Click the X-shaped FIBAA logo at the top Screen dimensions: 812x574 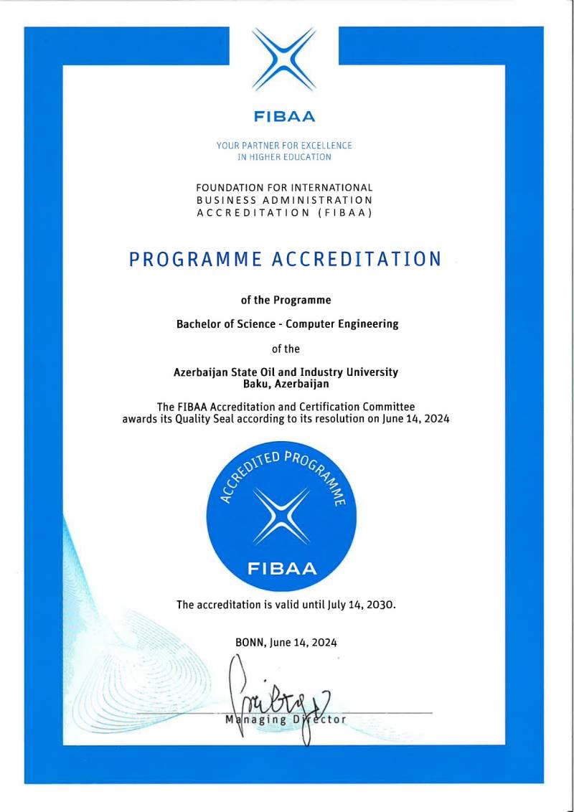285,60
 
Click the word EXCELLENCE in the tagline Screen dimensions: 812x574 326,146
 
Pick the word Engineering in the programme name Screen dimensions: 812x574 367,324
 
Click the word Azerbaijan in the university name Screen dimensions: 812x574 200,372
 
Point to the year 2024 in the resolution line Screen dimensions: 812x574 435,419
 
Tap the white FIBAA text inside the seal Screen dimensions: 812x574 282,570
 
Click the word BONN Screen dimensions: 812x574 251,643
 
